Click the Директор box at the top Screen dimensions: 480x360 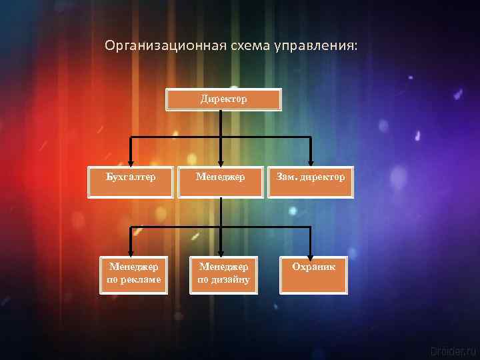pyautogui.click(x=223, y=99)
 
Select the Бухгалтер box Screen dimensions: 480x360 pyautogui.click(x=131, y=182)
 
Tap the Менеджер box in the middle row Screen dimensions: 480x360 pyautogui.click(x=221, y=182)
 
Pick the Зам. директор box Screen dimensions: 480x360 pyautogui.click(x=311, y=182)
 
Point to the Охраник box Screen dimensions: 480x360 pyautogui.click(x=313, y=274)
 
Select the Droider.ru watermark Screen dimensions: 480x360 pyautogui.click(x=453, y=349)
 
